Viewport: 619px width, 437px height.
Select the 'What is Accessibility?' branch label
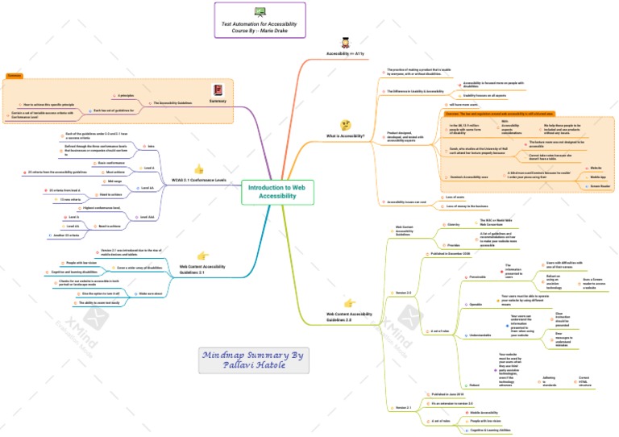[x=346, y=136]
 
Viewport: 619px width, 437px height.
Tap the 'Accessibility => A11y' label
[x=346, y=53]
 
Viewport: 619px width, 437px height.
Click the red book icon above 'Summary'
[x=217, y=90]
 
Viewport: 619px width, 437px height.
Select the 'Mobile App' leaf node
[x=597, y=177]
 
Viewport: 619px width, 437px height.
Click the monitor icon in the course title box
[x=260, y=12]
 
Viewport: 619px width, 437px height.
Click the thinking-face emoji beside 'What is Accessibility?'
[x=345, y=125]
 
